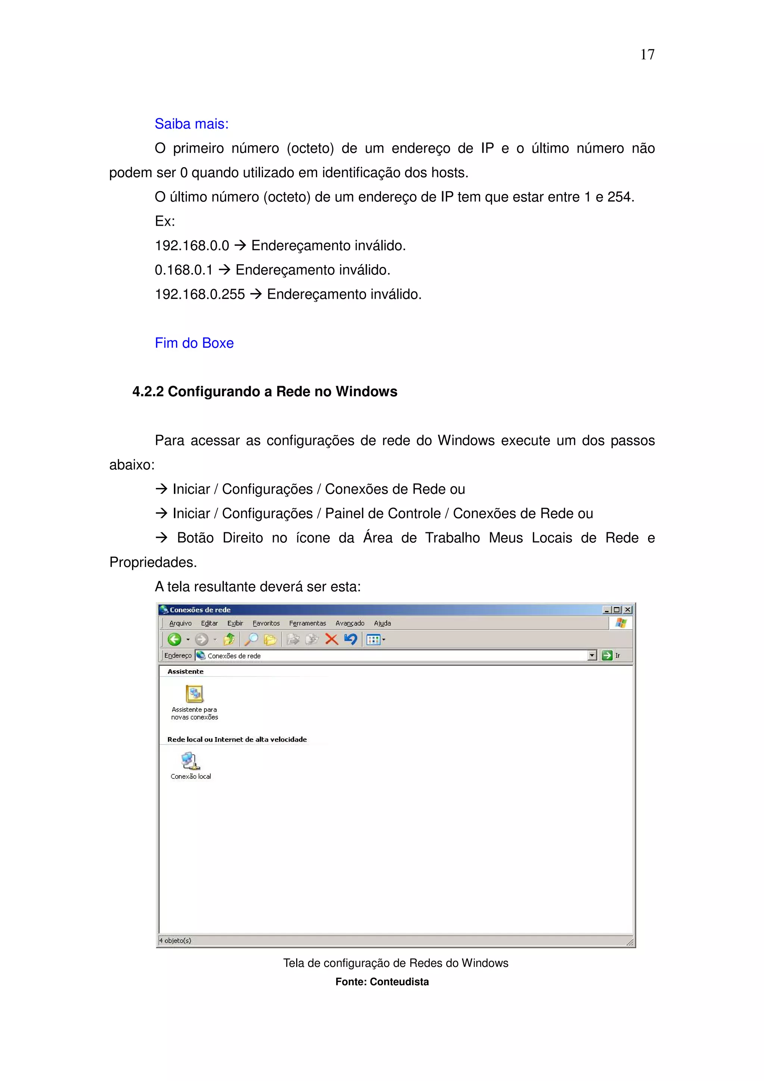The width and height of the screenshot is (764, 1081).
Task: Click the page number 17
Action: tap(647, 54)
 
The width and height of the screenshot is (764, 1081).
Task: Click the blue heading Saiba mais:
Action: tap(192, 124)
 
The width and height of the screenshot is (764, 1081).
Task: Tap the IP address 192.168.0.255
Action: tap(200, 294)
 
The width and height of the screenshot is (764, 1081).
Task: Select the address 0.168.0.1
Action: tap(184, 270)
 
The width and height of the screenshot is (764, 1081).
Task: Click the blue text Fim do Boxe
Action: tap(194, 343)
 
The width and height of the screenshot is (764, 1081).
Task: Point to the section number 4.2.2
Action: tap(147, 392)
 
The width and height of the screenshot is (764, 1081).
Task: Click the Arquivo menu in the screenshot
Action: tap(180, 623)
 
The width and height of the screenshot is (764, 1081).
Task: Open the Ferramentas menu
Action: tap(307, 623)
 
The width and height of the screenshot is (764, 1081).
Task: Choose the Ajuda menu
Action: tap(382, 623)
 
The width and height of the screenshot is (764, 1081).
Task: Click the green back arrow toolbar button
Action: tap(175, 639)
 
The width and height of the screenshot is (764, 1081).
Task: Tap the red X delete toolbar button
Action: tap(331, 639)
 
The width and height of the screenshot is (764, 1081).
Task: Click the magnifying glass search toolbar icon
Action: tap(251, 639)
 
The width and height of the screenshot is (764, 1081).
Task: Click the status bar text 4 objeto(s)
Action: tap(175, 940)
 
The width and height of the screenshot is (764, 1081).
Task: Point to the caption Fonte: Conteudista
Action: tap(382, 982)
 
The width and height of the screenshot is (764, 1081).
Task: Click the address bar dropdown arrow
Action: tap(592, 655)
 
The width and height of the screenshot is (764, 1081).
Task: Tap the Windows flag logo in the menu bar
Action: tap(621, 623)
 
